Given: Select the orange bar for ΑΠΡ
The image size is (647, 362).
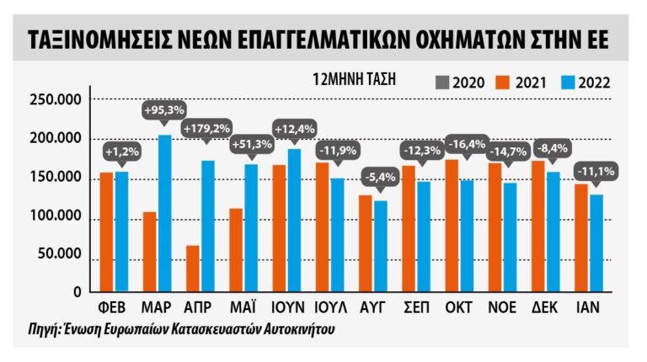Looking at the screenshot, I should [193, 269].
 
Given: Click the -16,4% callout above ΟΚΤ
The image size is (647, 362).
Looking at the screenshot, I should [466, 143].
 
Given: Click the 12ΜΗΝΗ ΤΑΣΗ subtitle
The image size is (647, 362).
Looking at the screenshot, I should [354, 80].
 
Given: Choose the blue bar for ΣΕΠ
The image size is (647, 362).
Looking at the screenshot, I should [424, 237].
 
